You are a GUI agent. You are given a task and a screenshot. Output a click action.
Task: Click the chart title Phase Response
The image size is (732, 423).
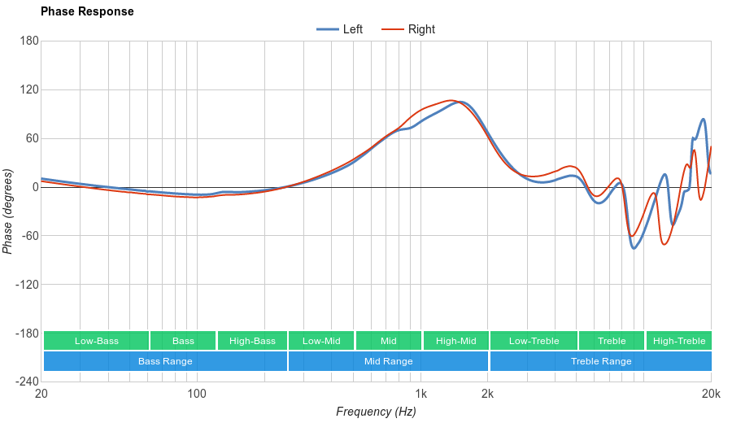click(87, 11)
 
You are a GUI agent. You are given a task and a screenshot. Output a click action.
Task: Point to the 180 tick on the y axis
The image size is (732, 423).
click(29, 41)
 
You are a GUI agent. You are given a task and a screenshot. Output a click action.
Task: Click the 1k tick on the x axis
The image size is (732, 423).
click(421, 394)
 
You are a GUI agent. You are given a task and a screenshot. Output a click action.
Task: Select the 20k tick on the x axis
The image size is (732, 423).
click(711, 394)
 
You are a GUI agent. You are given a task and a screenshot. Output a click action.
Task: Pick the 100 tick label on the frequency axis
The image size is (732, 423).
click(197, 394)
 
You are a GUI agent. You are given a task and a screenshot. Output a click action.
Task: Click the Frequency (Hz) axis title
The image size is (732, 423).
click(376, 412)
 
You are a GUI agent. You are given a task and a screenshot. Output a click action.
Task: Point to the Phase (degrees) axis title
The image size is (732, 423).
click(8, 211)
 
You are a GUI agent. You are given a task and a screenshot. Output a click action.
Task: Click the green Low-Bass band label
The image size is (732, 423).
click(96, 341)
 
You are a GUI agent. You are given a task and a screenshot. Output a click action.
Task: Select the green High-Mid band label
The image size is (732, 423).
click(455, 341)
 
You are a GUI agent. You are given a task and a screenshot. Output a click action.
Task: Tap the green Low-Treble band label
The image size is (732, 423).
click(534, 341)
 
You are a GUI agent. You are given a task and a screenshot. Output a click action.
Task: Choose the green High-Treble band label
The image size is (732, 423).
click(679, 341)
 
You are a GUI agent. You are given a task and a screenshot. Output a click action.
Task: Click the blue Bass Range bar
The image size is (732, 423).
click(165, 361)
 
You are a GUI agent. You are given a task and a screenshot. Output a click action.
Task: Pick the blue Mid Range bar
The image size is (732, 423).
click(388, 361)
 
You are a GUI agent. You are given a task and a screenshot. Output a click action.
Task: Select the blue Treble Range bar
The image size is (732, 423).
click(601, 361)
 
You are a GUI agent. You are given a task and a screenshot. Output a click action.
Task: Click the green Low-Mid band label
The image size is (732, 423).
click(321, 341)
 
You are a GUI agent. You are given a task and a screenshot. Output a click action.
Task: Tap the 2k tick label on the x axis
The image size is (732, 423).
click(487, 394)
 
